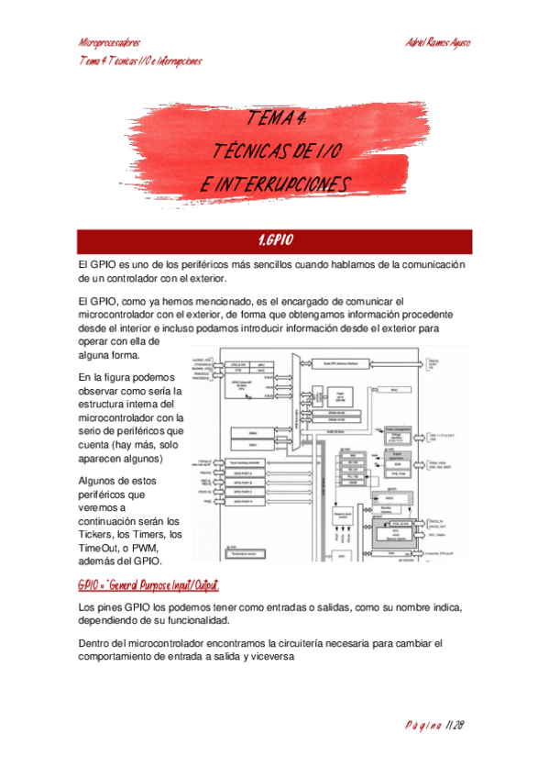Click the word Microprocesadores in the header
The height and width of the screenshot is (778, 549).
pyautogui.click(x=109, y=43)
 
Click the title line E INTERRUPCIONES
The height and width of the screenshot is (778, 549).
pyautogui.click(x=275, y=184)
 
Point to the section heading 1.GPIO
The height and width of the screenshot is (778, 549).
pyautogui.click(x=275, y=240)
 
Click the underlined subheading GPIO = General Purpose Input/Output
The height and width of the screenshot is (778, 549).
pyautogui.click(x=148, y=584)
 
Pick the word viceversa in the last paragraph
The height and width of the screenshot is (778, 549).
pyautogui.click(x=266, y=656)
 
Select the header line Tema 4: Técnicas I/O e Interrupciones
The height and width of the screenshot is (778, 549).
pyautogui.click(x=140, y=61)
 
